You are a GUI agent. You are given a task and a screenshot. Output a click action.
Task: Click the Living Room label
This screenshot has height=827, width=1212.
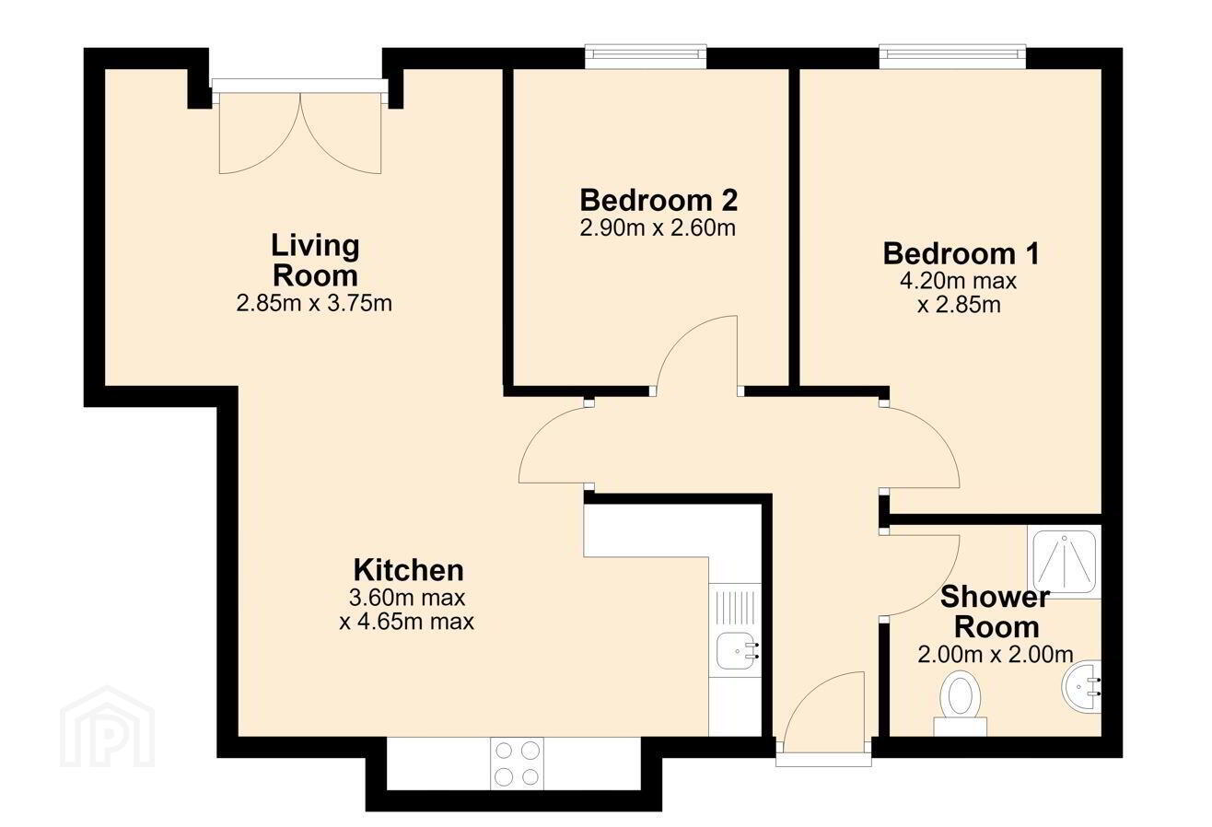(x=315, y=260)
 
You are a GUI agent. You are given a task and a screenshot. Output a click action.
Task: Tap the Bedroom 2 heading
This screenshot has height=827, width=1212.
(x=658, y=200)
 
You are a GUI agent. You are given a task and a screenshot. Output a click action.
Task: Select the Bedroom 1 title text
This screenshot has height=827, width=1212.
(x=961, y=253)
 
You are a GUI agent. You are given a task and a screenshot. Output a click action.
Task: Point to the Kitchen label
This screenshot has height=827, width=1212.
(x=409, y=570)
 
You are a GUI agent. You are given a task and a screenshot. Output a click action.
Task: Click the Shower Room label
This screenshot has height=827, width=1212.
(x=996, y=612)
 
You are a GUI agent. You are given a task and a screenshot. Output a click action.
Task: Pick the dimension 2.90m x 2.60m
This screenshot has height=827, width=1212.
(x=658, y=228)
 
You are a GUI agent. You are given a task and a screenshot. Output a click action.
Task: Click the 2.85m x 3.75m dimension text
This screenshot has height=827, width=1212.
(x=314, y=303)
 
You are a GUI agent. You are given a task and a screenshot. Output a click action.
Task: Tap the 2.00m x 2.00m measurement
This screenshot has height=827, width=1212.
(x=996, y=655)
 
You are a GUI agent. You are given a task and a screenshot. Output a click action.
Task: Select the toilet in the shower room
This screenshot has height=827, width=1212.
(x=960, y=704)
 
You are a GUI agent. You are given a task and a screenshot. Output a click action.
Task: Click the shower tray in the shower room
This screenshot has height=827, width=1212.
(x=1065, y=561)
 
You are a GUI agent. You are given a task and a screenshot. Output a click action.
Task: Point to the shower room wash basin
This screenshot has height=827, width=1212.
(x=1081, y=687)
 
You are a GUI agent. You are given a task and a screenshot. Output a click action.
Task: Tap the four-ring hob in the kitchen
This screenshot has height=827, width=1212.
(x=518, y=763)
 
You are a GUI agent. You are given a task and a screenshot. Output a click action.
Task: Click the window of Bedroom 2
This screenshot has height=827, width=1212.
(x=646, y=57)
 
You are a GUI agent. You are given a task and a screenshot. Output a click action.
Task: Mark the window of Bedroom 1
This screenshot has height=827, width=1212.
(x=953, y=57)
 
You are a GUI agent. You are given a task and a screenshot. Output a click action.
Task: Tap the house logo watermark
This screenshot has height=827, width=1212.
(x=108, y=727)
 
